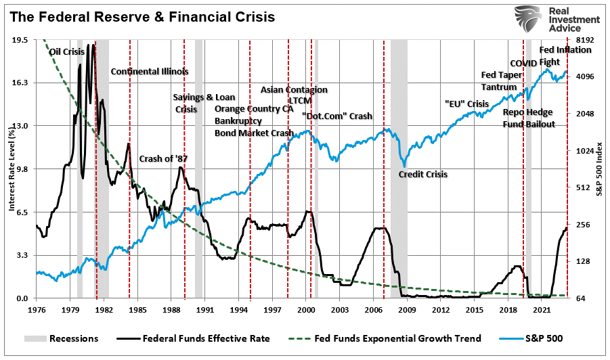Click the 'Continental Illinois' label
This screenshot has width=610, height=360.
point(149,71)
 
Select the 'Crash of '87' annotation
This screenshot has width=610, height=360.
point(163,159)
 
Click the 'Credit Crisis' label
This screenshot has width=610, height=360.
point(423,174)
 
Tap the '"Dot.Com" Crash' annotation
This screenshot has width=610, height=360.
point(337,116)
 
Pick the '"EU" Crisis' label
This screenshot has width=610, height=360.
point(466,104)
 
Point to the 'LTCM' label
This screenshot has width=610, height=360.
point(299,100)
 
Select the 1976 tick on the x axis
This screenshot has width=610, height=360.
point(37,309)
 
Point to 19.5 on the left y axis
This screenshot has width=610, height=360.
point(20,40)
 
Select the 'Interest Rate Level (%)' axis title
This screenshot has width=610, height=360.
point(11,169)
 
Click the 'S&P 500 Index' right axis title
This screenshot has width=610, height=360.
point(599,169)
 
